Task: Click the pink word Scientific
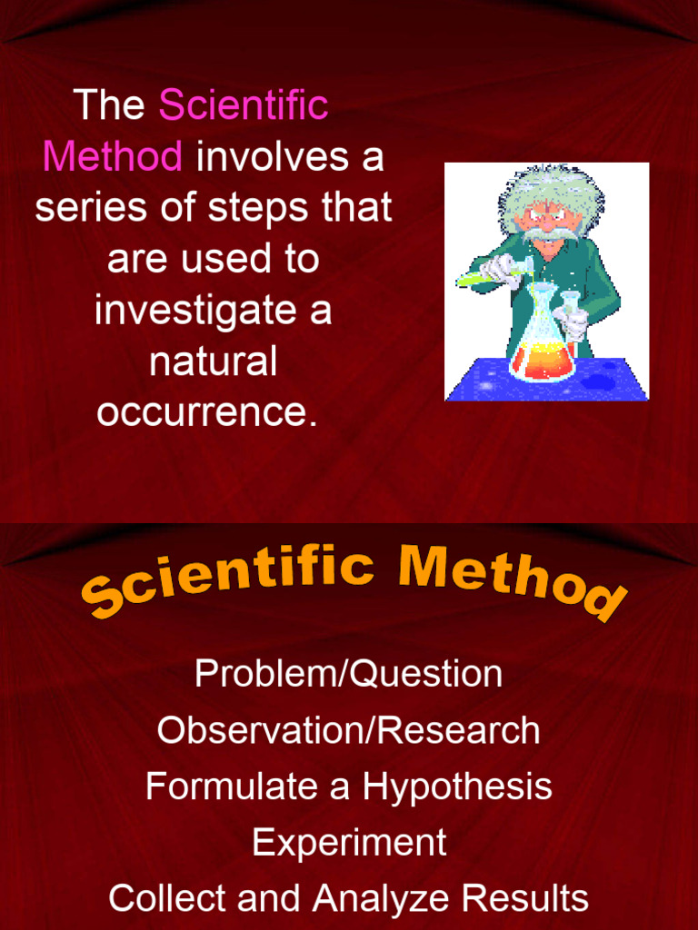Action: [x=243, y=105]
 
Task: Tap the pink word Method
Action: [x=113, y=157]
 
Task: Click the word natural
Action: [x=213, y=361]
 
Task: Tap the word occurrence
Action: [x=207, y=413]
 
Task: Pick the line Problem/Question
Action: [x=348, y=674]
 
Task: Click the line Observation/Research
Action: [x=348, y=730]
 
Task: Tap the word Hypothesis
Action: [x=457, y=787]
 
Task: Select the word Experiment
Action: [x=349, y=842]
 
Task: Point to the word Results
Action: [x=525, y=898]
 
